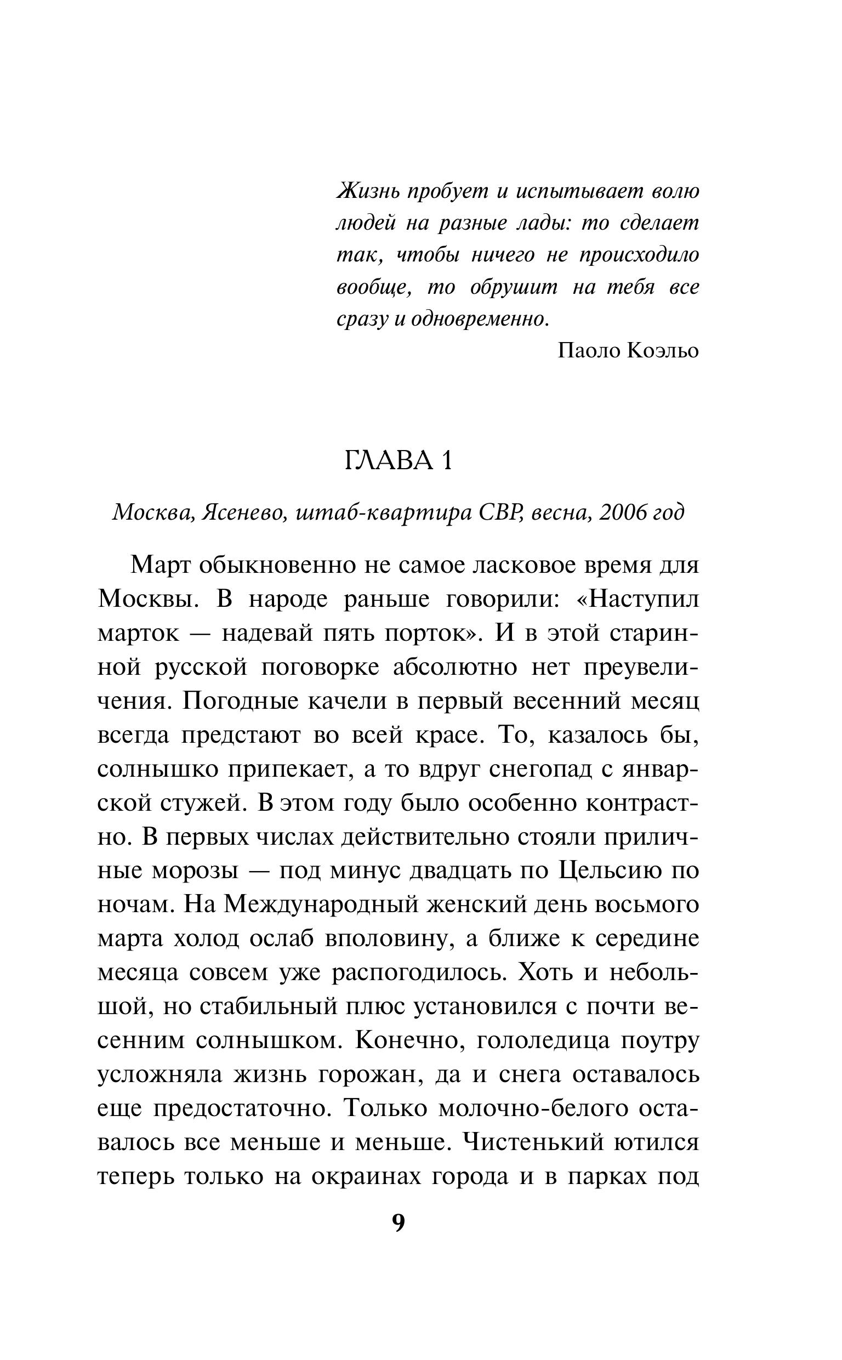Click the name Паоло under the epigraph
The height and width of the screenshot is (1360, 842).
589,351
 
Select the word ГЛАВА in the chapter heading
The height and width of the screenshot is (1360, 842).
389,462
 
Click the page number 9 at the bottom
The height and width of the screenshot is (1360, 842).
399,1223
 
